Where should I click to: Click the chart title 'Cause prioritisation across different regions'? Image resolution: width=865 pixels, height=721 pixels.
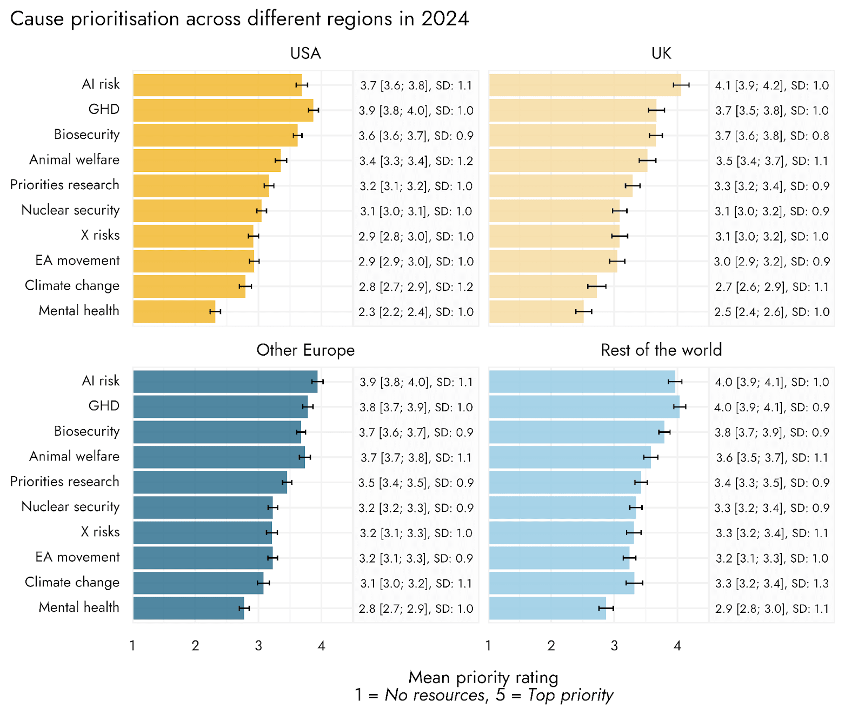click(239, 19)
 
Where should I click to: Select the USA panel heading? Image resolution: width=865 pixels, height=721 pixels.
click(305, 54)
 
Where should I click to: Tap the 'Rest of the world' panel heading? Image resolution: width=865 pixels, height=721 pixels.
click(661, 350)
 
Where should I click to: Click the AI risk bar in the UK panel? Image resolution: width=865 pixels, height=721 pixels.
click(584, 85)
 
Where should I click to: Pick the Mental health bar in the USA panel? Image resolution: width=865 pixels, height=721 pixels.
click(174, 312)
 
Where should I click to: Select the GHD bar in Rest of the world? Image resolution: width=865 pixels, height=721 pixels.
click(584, 407)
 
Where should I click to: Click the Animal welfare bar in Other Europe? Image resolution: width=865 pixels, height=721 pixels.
click(219, 457)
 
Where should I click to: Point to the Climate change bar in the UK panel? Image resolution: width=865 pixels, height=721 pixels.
click(543, 286)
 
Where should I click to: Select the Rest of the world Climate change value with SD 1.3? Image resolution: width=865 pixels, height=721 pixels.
click(772, 584)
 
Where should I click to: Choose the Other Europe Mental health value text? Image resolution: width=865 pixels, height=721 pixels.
click(416, 609)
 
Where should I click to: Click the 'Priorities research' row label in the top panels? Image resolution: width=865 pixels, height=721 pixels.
click(65, 185)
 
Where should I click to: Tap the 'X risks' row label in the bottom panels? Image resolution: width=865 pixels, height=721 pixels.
click(101, 532)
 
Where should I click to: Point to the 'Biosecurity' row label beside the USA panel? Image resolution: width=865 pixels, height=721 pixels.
click(86, 135)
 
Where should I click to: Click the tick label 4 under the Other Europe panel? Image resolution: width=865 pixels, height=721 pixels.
click(322, 646)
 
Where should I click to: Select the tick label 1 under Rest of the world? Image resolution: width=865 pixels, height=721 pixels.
click(489, 646)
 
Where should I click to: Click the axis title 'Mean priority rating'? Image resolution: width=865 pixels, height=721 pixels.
click(483, 677)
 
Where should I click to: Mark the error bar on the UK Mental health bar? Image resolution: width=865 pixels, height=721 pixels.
click(584, 311)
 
